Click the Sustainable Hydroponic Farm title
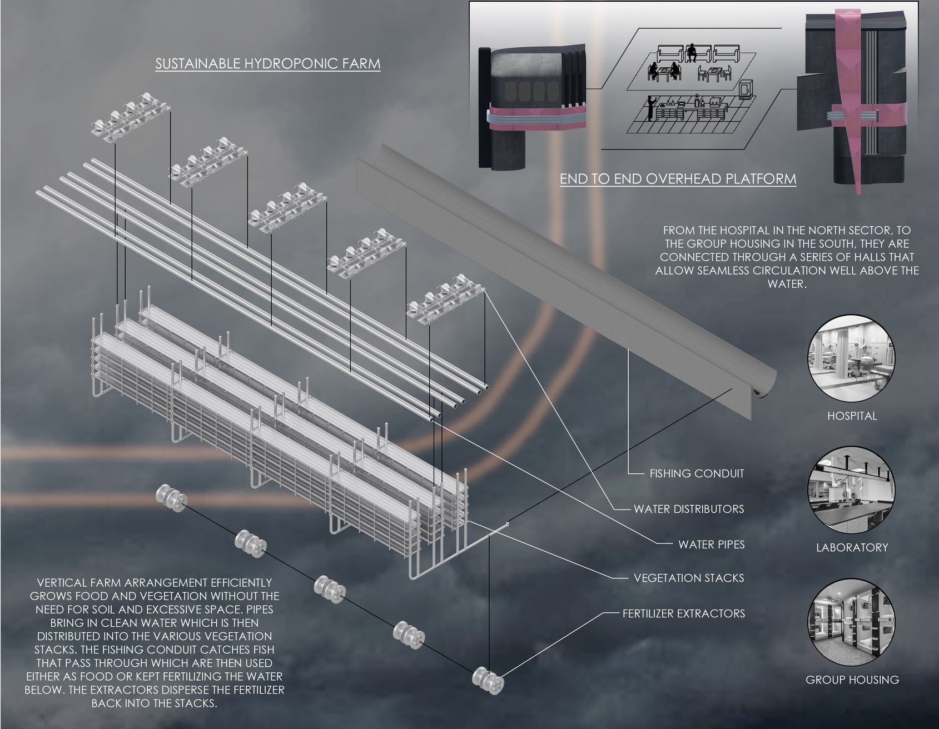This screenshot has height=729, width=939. [x=267, y=63]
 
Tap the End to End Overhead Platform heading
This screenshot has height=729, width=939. [x=678, y=179]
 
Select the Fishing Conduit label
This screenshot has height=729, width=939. [x=696, y=473]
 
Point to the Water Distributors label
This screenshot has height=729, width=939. [x=688, y=509]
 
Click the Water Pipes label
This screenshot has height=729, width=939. [x=711, y=545]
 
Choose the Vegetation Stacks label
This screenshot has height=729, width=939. [x=688, y=578]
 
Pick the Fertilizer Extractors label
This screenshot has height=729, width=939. [x=683, y=613]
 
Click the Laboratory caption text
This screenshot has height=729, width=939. [x=852, y=547]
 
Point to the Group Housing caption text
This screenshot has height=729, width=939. [x=852, y=680]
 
